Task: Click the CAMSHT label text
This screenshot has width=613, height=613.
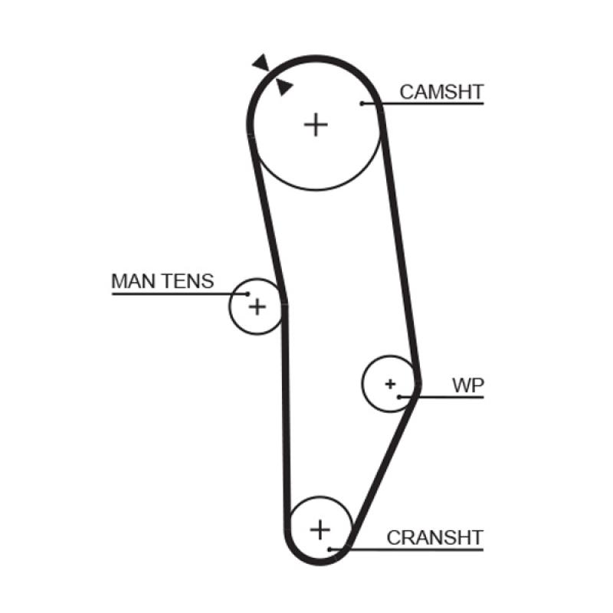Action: [441, 93]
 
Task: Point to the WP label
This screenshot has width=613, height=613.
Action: [467, 385]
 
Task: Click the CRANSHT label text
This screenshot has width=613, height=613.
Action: [435, 537]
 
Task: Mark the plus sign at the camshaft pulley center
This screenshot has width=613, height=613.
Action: [315, 123]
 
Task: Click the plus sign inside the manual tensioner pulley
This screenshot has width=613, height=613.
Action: [257, 307]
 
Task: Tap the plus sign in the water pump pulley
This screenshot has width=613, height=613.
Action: [391, 382]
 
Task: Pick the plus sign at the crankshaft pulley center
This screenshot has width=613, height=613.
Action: [320, 529]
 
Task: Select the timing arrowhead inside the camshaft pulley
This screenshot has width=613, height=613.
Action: [284, 87]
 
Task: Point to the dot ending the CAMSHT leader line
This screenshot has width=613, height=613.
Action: [360, 103]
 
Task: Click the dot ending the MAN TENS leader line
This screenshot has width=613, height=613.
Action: [247, 293]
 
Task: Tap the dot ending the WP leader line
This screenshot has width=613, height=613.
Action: [400, 396]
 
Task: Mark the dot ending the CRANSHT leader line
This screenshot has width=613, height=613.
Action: [329, 549]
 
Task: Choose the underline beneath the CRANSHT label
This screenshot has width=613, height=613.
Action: [429, 549]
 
